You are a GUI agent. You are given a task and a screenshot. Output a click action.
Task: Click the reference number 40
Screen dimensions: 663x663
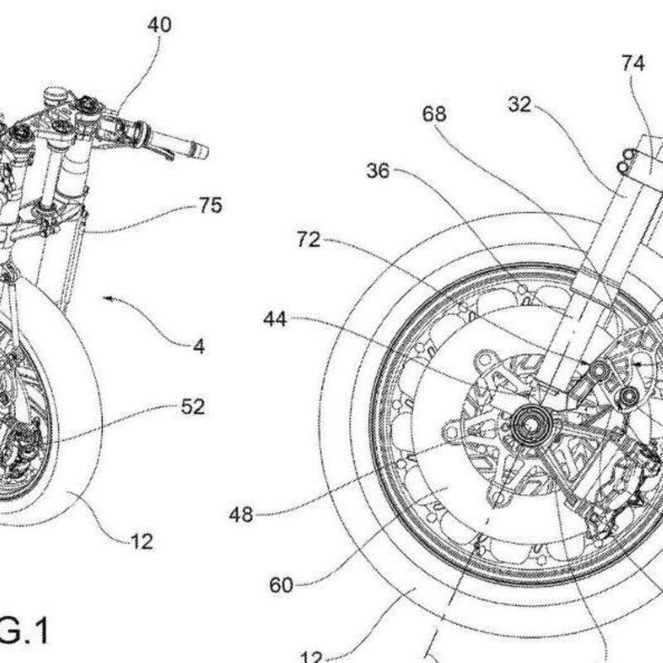pos(160,26)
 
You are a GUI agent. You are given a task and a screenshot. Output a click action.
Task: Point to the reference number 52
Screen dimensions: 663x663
pos(192,407)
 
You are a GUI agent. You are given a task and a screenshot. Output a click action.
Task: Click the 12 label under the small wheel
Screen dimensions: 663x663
pos(142,543)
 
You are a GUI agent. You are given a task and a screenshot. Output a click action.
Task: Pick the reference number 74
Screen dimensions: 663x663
pos(634,64)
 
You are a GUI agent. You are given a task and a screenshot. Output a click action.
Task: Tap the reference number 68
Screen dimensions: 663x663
pos(434,114)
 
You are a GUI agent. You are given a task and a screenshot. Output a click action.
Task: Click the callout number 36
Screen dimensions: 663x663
pos(379,172)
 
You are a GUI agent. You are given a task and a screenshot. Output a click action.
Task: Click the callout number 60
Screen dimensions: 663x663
pos(282,586)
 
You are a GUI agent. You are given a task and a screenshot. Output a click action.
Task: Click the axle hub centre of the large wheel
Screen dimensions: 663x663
pos(527,426)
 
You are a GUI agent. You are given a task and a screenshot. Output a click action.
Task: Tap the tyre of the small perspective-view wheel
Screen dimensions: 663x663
pos(83,464)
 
